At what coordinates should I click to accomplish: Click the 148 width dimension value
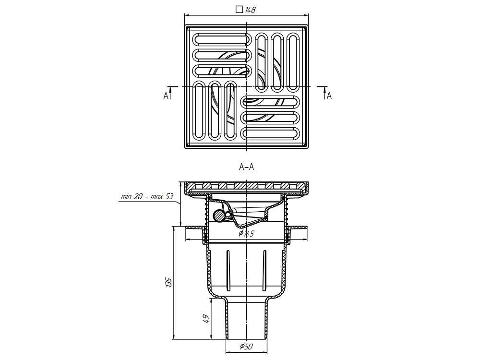[x=250, y=10]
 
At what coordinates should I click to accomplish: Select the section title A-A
[x=246, y=167]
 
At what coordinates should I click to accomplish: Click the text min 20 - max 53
[x=147, y=197]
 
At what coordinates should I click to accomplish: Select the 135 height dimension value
[x=168, y=282]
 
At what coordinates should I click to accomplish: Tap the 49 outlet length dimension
[x=205, y=319]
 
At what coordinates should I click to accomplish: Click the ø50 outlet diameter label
[x=245, y=346]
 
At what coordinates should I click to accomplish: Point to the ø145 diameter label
[x=246, y=234]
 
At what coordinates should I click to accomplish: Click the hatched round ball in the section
[x=219, y=216]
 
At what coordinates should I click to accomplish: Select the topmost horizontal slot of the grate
[x=222, y=39]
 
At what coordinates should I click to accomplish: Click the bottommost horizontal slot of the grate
[x=271, y=133]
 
